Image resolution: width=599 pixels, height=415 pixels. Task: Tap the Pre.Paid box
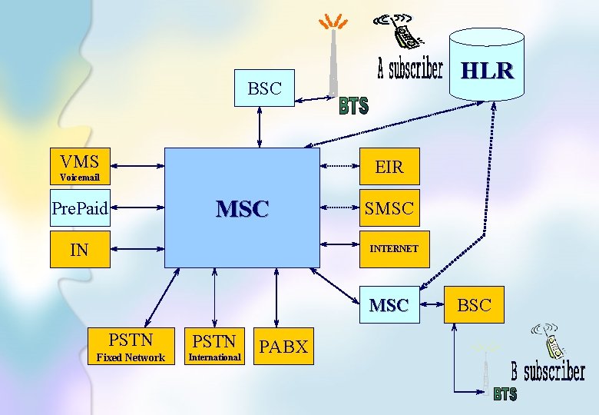(x=80, y=207)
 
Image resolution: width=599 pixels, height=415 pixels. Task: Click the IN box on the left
(x=80, y=249)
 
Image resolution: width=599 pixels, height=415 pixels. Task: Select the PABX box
(x=283, y=347)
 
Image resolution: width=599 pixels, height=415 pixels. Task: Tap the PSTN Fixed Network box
(x=130, y=347)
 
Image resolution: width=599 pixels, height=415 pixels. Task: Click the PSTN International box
(x=214, y=347)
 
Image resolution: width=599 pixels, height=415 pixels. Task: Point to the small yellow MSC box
(x=389, y=305)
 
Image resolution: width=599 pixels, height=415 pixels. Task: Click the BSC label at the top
(x=264, y=88)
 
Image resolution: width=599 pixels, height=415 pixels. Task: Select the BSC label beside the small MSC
(x=474, y=305)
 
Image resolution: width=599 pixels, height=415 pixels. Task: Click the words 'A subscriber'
(x=410, y=70)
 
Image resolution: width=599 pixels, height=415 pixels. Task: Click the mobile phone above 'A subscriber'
(x=402, y=32)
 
